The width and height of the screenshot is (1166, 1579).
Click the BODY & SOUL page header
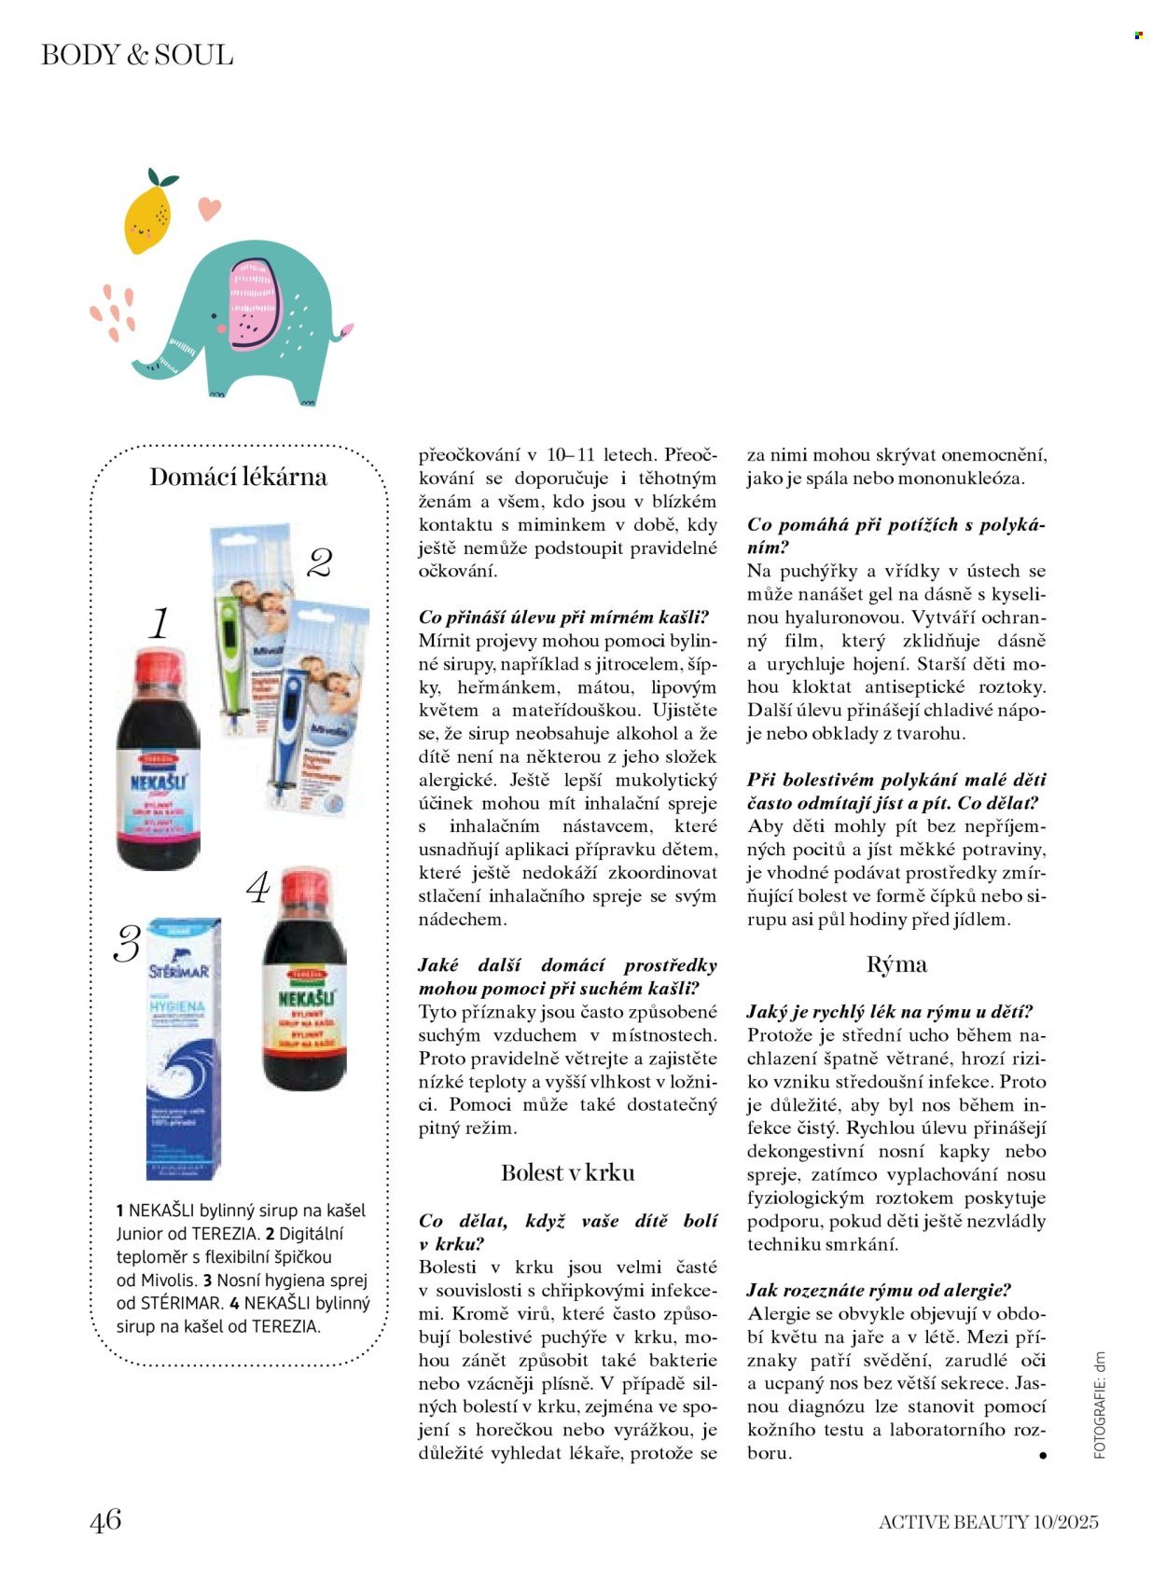point(137,55)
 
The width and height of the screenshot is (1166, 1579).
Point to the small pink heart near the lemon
point(210,208)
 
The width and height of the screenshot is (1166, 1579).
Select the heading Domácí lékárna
point(239,478)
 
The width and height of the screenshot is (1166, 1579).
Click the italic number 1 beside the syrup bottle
point(160,623)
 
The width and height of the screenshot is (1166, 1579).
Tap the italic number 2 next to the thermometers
point(320,562)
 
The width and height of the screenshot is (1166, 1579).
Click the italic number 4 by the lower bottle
point(258,888)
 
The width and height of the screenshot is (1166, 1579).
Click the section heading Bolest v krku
point(567,1173)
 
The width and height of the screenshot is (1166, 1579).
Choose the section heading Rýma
point(896,964)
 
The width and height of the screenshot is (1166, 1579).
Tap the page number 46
point(105,1520)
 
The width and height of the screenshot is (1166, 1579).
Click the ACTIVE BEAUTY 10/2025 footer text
point(988,1522)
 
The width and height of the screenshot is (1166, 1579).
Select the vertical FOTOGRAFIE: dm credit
point(1100,1405)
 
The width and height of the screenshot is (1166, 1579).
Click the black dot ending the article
point(1042,1455)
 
